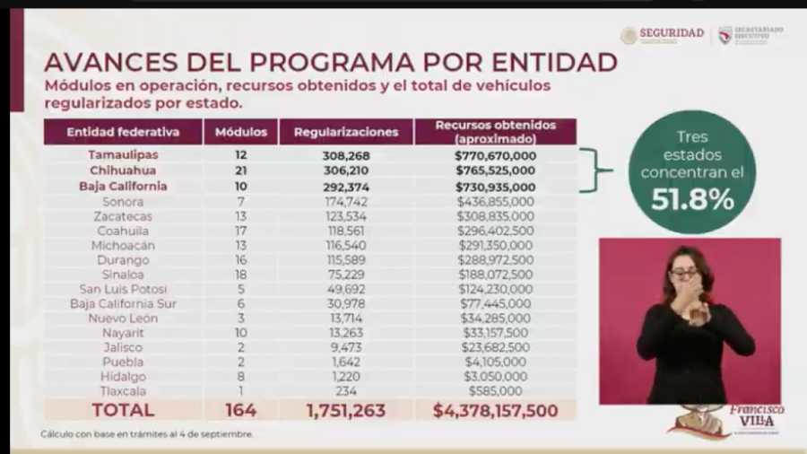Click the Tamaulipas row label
coord(123,154)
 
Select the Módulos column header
coord(240,132)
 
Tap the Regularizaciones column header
coord(345,132)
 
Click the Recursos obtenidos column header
coord(495,132)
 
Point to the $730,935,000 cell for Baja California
coord(495,187)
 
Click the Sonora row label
coord(123,202)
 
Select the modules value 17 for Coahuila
coord(240,231)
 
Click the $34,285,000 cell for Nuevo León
coord(495,319)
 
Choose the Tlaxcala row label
coord(123,391)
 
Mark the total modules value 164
coord(240,410)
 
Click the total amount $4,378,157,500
coord(495,410)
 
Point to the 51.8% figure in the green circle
coord(692,199)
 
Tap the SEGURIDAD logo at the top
coord(663,34)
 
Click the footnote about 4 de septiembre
coord(146,434)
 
